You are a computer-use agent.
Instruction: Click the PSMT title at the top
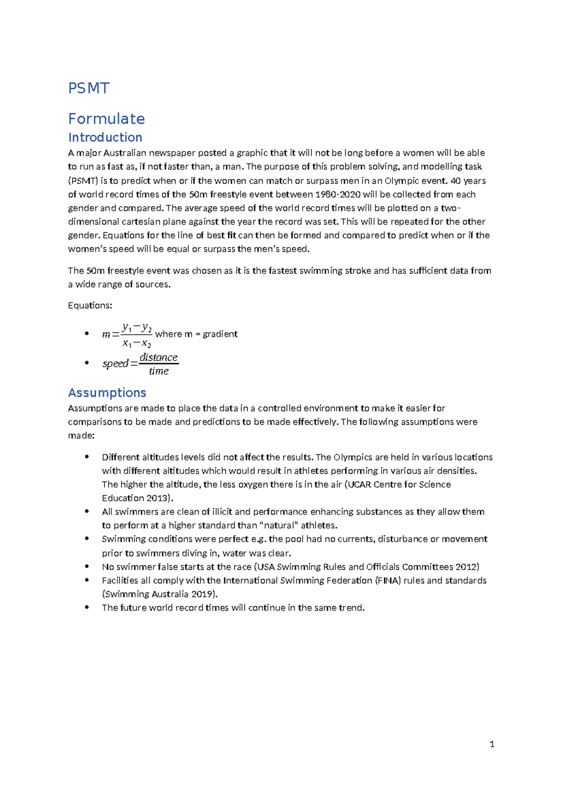pyautogui.click(x=89, y=88)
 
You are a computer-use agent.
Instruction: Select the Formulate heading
pyautogui.click(x=107, y=119)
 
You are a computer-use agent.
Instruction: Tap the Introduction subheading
pyautogui.click(x=105, y=138)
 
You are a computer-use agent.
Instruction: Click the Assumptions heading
pyautogui.click(x=107, y=393)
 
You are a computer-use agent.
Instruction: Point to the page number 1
pyautogui.click(x=492, y=744)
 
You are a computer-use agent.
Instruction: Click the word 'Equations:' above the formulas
pyautogui.click(x=90, y=306)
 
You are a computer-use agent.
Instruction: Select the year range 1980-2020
pyautogui.click(x=338, y=194)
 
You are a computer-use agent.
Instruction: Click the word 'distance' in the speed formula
pyautogui.click(x=159, y=358)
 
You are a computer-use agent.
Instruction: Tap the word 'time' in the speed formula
pyautogui.click(x=159, y=371)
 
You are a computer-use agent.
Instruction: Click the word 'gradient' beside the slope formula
pyautogui.click(x=220, y=334)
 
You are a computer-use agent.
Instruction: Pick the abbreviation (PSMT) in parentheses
pyautogui.click(x=83, y=181)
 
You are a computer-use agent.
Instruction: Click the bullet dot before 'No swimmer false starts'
pyautogui.click(x=86, y=566)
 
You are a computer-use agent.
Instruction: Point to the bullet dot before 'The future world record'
pyautogui.click(x=86, y=607)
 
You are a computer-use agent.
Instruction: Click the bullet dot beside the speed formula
pyautogui.click(x=86, y=363)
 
